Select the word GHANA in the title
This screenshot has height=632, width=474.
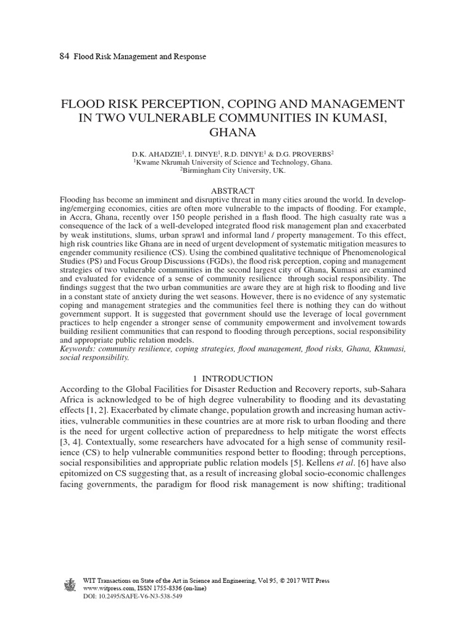[236, 132]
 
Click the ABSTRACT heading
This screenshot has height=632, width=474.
[236, 191]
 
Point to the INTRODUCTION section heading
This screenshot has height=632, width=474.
[241, 378]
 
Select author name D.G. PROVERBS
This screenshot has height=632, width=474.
[306, 153]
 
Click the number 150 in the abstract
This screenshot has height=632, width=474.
[181, 218]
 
